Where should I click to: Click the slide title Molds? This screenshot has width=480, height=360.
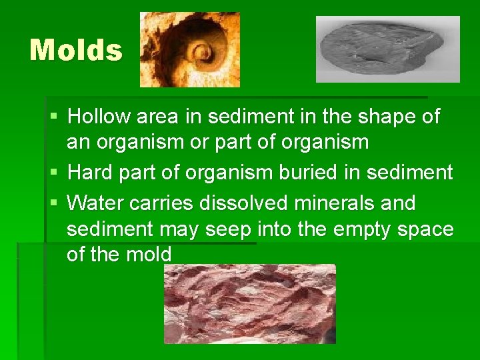(76, 51)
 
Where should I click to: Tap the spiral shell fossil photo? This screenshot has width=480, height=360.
(189, 50)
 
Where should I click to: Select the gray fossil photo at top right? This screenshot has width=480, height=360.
(387, 49)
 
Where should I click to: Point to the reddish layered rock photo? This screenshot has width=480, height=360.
(250, 303)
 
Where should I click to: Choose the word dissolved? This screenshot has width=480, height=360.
(244, 202)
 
